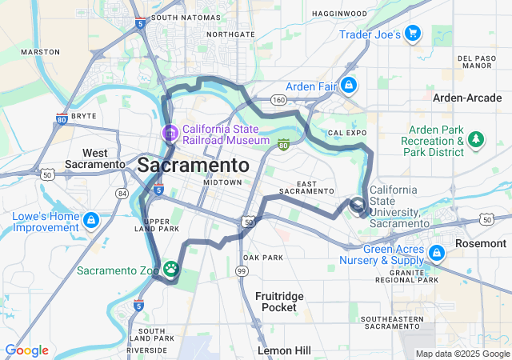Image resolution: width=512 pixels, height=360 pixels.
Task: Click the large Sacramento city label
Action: tap(193, 166)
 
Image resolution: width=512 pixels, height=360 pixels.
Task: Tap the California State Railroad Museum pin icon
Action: tap(170, 133)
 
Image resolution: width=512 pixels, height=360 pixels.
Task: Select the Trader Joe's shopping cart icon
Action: tap(412, 33)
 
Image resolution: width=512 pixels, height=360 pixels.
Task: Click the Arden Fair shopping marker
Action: tap(348, 85)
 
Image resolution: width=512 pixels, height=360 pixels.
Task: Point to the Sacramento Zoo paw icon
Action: tap(171, 268)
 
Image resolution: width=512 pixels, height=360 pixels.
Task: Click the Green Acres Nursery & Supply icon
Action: tap(436, 254)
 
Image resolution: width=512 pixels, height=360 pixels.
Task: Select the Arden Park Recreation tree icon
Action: tap(476, 140)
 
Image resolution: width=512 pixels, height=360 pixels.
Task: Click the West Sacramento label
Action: tap(104, 158)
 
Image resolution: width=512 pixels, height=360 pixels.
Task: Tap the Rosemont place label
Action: tap(481, 242)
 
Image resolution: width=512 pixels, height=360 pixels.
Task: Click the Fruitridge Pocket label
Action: tap(279, 302)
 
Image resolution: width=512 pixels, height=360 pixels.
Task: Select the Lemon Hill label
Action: tap(284, 350)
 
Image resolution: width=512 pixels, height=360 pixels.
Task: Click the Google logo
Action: tap(26, 350)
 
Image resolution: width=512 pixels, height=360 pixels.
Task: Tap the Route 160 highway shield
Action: tap(278, 100)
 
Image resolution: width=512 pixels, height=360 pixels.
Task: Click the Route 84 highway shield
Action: tap(122, 194)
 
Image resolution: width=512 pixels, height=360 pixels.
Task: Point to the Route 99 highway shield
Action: tap(241, 272)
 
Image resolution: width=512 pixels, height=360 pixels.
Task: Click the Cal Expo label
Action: tap(346, 132)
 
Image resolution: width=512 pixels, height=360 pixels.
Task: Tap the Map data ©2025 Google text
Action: tap(462, 354)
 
